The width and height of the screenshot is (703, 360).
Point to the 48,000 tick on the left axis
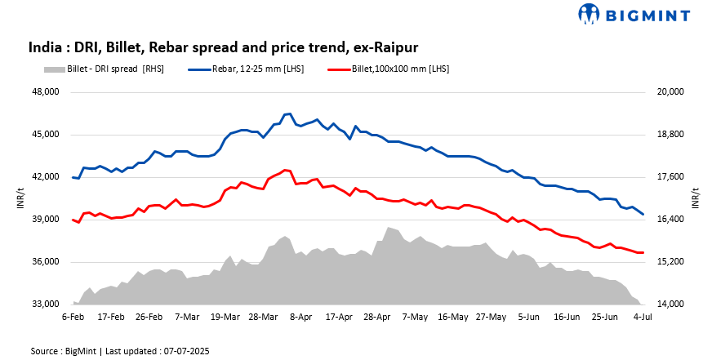pos(45,92)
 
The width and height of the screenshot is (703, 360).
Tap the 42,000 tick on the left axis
pos(45,177)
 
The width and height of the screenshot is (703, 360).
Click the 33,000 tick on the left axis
pos(45,304)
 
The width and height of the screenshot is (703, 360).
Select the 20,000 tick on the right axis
pos(670,92)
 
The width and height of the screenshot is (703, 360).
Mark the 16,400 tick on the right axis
pos(670,220)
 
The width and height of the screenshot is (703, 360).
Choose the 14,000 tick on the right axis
pos(670,304)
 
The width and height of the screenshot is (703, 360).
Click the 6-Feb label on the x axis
pos(73,316)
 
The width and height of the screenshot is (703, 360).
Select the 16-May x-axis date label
pos(452,316)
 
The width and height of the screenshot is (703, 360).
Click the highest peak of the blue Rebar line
pos(289,113)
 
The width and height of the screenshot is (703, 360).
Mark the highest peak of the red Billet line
pos(285,170)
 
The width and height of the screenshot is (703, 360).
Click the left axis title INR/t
pos(21,198)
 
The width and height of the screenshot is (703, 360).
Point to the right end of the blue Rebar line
pos(643,214)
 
